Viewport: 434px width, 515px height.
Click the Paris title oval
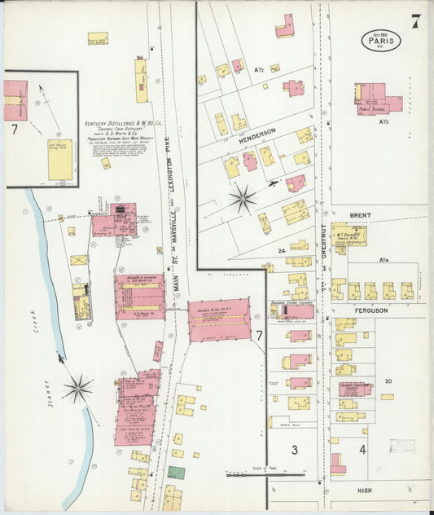click(381, 40)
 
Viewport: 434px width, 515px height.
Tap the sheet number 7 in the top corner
click(415, 21)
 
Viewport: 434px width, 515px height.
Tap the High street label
click(364, 490)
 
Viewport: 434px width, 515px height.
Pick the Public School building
click(377, 98)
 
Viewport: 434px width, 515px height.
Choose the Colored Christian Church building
click(355, 389)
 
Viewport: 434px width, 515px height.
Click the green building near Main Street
click(176, 472)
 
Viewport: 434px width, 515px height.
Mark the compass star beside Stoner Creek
click(78, 389)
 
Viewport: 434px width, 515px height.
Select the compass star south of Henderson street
click(243, 198)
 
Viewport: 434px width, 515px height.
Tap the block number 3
click(294, 449)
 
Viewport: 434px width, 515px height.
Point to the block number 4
click(362, 449)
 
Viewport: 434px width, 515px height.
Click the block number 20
click(388, 381)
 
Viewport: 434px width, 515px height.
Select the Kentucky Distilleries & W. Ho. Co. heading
click(122, 125)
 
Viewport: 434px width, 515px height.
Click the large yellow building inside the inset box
click(59, 160)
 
